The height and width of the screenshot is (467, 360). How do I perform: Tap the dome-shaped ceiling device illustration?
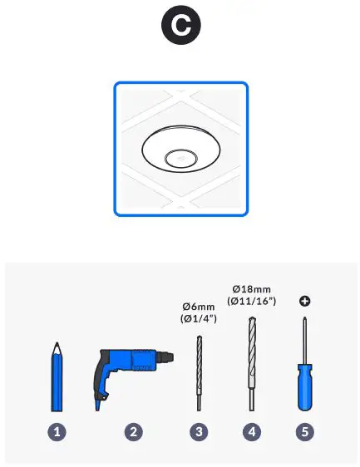pos(180,150)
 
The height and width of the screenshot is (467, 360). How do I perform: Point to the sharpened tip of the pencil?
pos(56,345)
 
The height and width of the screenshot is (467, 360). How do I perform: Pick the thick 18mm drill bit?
pos(252,366)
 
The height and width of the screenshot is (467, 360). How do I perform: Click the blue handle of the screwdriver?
pos(304,391)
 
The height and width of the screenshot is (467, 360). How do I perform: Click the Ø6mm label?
pos(199,304)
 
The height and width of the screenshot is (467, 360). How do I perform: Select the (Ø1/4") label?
pos(199,317)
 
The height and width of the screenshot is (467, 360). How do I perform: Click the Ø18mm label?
pos(252,288)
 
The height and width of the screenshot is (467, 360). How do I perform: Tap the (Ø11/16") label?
pos(252,301)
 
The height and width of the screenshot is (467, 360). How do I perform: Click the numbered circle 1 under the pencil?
pos(57,431)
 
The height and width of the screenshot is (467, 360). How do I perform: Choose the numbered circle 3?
pos(200,431)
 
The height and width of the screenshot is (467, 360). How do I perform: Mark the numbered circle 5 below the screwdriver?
pos(304,431)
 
